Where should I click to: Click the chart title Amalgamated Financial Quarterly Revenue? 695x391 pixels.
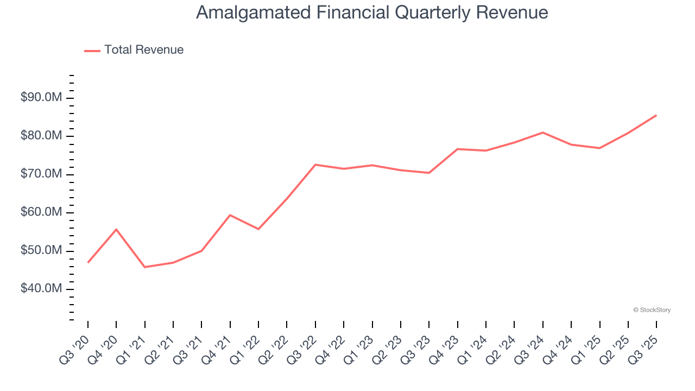[x=372, y=12]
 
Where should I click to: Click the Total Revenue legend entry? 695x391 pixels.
[x=134, y=50]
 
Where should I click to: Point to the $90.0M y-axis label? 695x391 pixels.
[x=41, y=98]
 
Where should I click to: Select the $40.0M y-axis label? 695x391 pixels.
[x=41, y=289]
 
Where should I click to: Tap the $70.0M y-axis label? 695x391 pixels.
[x=41, y=174]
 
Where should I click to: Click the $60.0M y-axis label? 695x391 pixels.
[x=41, y=212]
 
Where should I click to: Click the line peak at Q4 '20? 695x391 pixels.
[x=116, y=229]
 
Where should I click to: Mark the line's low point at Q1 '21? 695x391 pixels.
[x=145, y=267]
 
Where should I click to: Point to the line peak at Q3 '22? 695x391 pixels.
[x=315, y=165]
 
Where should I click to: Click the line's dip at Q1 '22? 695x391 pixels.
[x=258, y=229]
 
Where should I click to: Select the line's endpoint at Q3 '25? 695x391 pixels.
[x=656, y=115]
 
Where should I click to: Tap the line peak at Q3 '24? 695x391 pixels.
[x=543, y=133]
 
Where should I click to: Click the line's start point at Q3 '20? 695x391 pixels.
[x=88, y=262]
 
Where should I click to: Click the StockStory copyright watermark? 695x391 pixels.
[x=652, y=310]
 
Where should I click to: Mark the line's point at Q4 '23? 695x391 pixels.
[x=458, y=149]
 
